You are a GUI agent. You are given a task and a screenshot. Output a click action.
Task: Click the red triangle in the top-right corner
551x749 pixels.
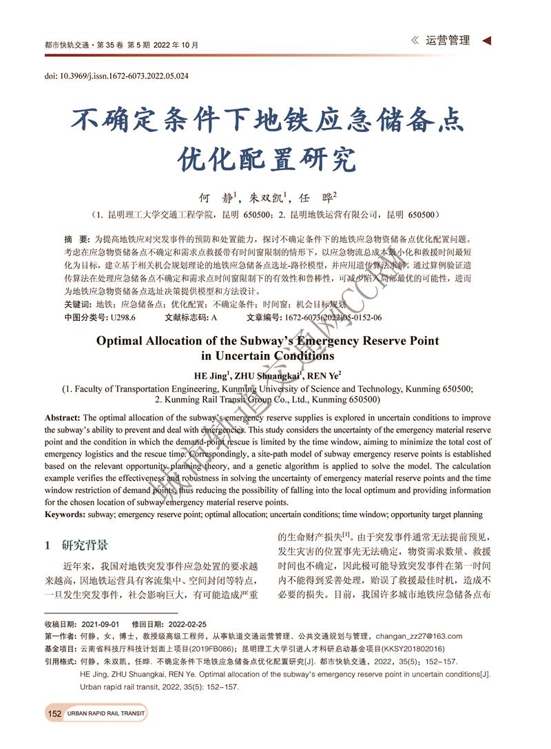[x=487, y=41]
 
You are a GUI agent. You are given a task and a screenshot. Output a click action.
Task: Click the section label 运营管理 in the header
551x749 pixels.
[x=448, y=41]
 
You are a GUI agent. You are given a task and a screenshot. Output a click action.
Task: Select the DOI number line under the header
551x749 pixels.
[x=116, y=76]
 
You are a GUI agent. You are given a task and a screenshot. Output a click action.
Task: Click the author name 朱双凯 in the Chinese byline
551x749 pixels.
[x=267, y=198]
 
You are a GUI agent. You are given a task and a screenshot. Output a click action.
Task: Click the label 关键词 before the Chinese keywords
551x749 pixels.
[x=76, y=304]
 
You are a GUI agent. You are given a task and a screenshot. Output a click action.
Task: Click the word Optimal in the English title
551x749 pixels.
[x=123, y=340]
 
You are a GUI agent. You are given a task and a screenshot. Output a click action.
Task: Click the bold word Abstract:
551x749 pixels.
[x=62, y=418]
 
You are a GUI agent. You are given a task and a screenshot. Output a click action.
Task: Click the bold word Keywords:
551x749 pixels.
[x=64, y=514]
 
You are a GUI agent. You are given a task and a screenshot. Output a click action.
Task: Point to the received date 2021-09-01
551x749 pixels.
[x=100, y=624]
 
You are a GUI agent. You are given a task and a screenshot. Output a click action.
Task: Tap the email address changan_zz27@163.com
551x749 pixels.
[x=419, y=636]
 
